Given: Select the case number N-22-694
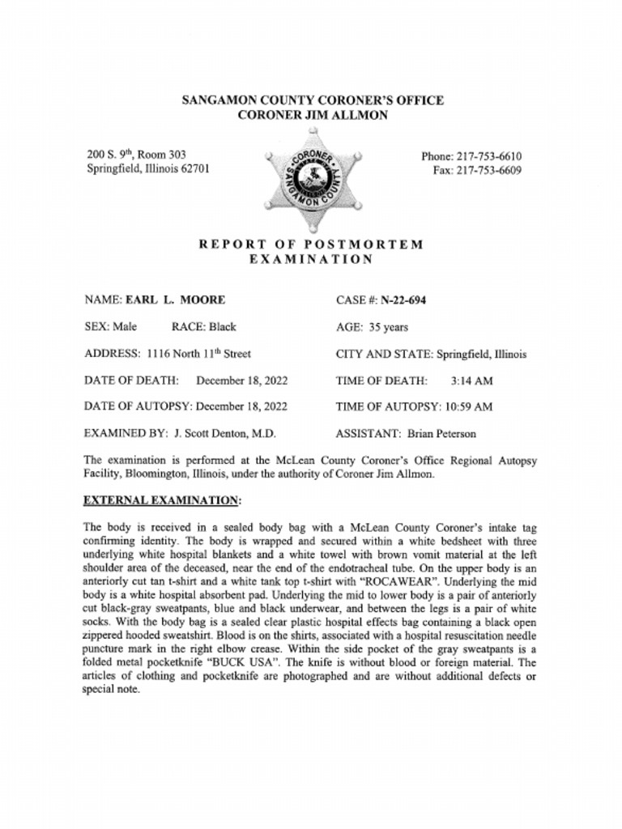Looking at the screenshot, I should coord(403,300).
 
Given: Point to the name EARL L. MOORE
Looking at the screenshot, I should coord(174,300).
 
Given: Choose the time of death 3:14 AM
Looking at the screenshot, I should coord(471,380).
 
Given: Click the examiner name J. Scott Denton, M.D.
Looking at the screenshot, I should coord(225,433).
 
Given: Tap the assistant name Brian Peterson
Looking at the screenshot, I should coord(441,433).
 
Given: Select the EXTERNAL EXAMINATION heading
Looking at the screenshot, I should coord(162,501).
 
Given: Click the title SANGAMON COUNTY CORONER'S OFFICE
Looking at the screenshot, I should coord(312,101).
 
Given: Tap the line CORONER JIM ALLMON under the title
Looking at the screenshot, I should coord(312,116).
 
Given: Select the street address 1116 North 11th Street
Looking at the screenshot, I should coord(198,354).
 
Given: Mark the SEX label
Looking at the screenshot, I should coord(98,327).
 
